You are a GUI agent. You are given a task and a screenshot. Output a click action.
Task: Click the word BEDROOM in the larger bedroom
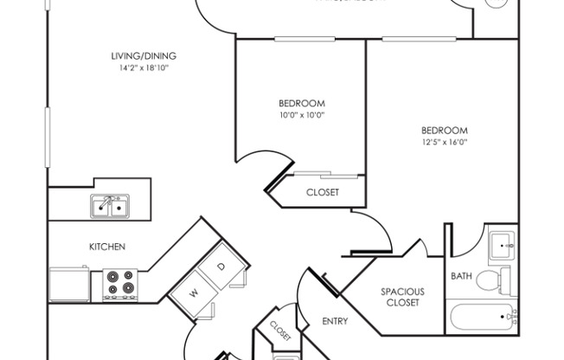[444, 130]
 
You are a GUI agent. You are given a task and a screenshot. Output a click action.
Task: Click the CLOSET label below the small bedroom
[323, 192]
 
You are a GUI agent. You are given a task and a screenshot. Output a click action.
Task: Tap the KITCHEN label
[108, 247]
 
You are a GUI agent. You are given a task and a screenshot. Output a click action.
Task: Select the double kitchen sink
[110, 206]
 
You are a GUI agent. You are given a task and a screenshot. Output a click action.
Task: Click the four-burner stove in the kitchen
[119, 284]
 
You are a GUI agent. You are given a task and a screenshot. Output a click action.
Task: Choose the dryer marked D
[221, 267]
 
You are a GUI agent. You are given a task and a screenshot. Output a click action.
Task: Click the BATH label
[461, 276]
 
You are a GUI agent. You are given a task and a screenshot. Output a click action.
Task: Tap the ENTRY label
[335, 321]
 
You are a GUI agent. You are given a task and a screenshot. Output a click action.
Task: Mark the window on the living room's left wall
[48, 137]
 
